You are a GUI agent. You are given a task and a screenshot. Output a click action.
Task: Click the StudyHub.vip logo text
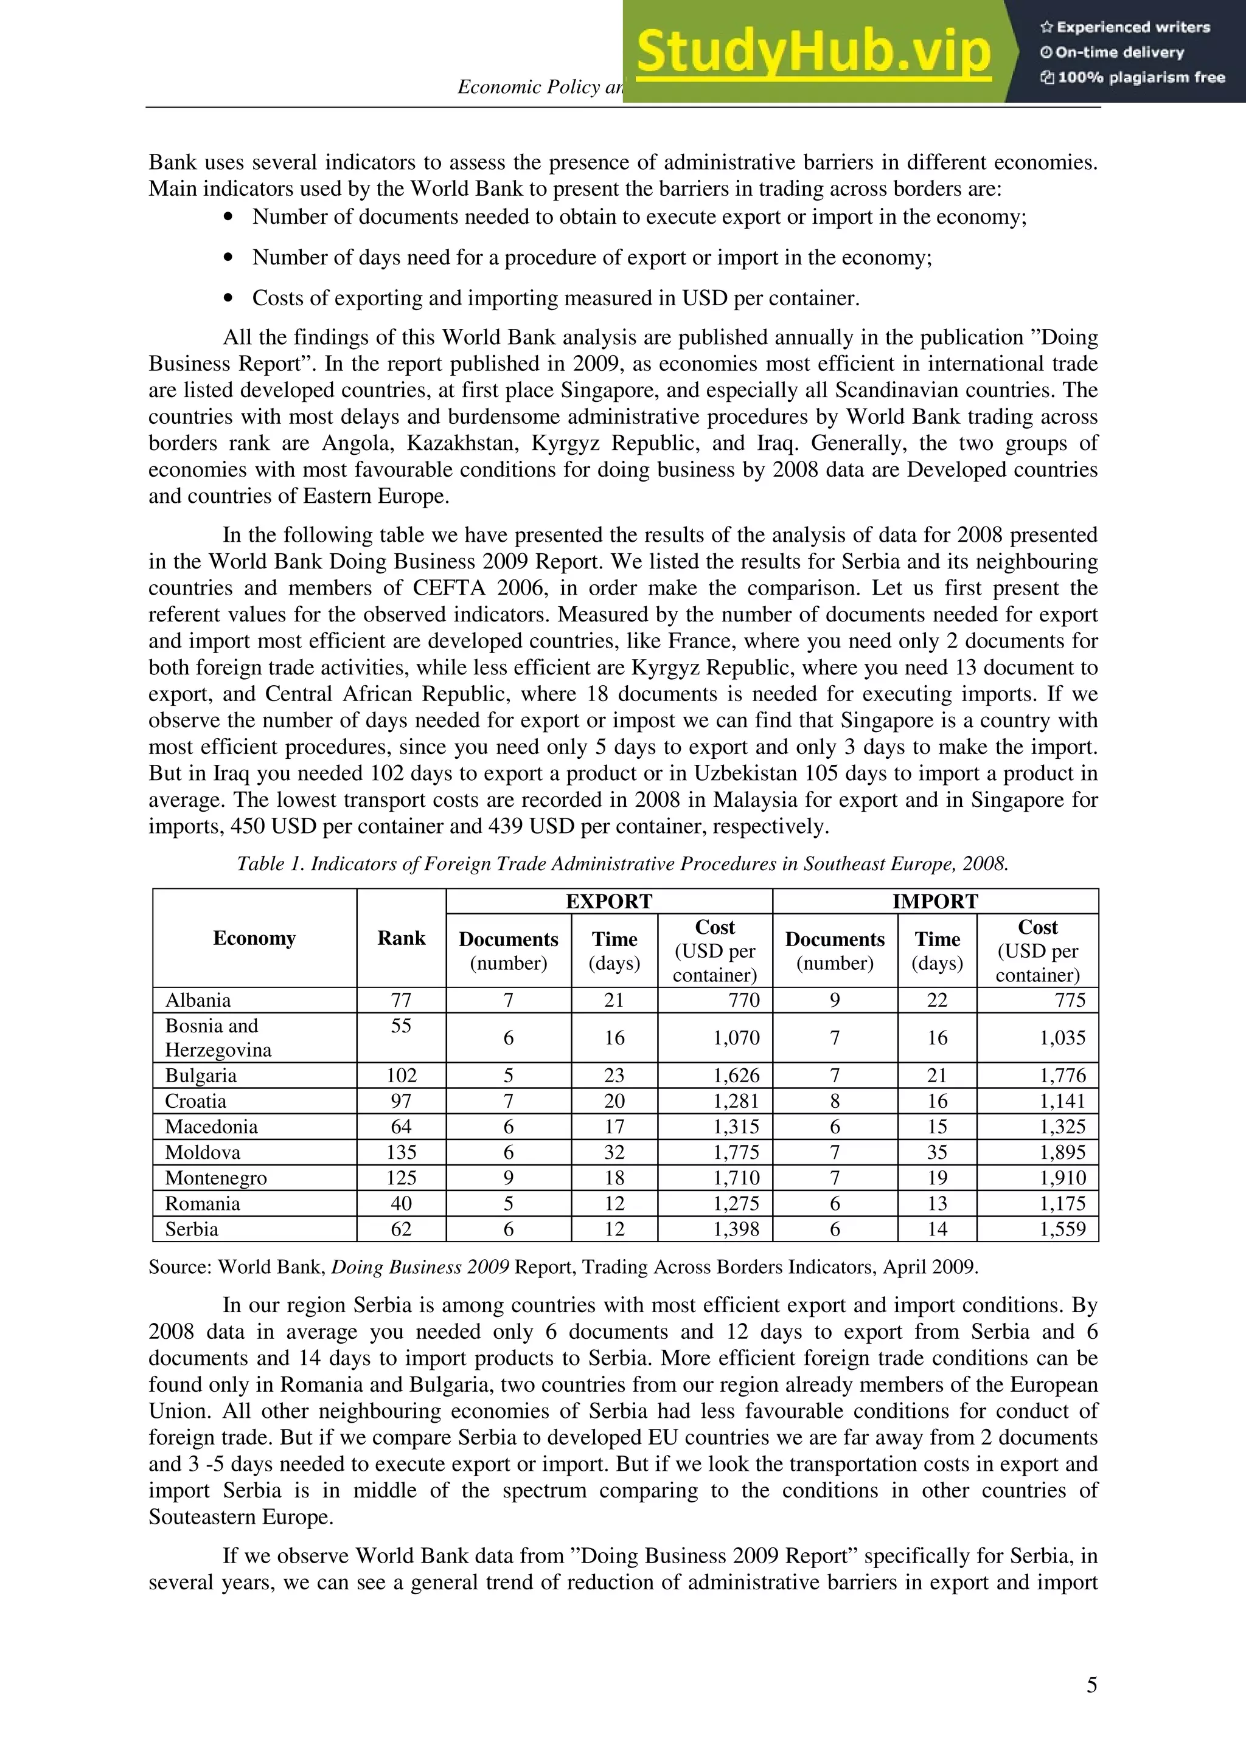pyautogui.click(x=813, y=52)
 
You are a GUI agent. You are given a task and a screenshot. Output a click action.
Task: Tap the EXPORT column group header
pyautogui.click(x=609, y=901)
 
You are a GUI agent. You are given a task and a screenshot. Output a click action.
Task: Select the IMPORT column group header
pyautogui.click(x=934, y=901)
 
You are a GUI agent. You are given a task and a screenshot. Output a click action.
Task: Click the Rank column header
pyautogui.click(x=401, y=938)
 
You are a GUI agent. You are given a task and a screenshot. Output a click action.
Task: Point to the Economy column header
pyautogui.click(x=254, y=938)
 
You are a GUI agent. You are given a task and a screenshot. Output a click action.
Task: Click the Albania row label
pyautogui.click(x=198, y=1000)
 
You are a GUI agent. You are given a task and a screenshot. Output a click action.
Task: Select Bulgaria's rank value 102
pyautogui.click(x=401, y=1075)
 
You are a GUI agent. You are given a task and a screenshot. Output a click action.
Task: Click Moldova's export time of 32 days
pyautogui.click(x=613, y=1152)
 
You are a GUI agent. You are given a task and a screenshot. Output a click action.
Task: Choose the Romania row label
pyautogui.click(x=203, y=1203)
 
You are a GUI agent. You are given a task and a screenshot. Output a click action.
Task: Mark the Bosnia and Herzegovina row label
pyautogui.click(x=218, y=1037)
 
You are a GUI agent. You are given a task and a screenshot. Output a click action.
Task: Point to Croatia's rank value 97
pyautogui.click(x=401, y=1100)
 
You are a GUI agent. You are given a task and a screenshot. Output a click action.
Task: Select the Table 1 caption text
pyautogui.click(x=622, y=863)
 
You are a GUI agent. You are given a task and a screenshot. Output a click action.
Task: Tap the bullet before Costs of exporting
pyautogui.click(x=228, y=299)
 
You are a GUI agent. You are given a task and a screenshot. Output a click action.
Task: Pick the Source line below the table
pyautogui.click(x=563, y=1267)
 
